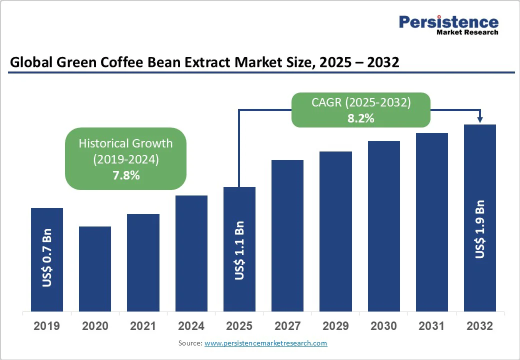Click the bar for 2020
[x=95, y=268]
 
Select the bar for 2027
[x=287, y=235]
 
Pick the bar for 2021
[x=143, y=262]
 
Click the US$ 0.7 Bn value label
[x=47, y=258]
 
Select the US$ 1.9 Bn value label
[x=480, y=229]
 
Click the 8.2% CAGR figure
[x=361, y=118]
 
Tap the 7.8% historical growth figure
[x=126, y=175]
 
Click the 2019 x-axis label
[x=47, y=326]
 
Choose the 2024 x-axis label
[x=191, y=326]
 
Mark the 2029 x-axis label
[x=335, y=326]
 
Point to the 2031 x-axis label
[x=431, y=326]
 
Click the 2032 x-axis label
[x=480, y=326]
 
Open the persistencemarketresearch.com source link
[x=265, y=343]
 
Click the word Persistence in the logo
[x=448, y=22]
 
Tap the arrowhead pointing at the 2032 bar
[x=480, y=119]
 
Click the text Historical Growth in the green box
[x=126, y=143]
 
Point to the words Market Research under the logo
[x=467, y=32]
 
